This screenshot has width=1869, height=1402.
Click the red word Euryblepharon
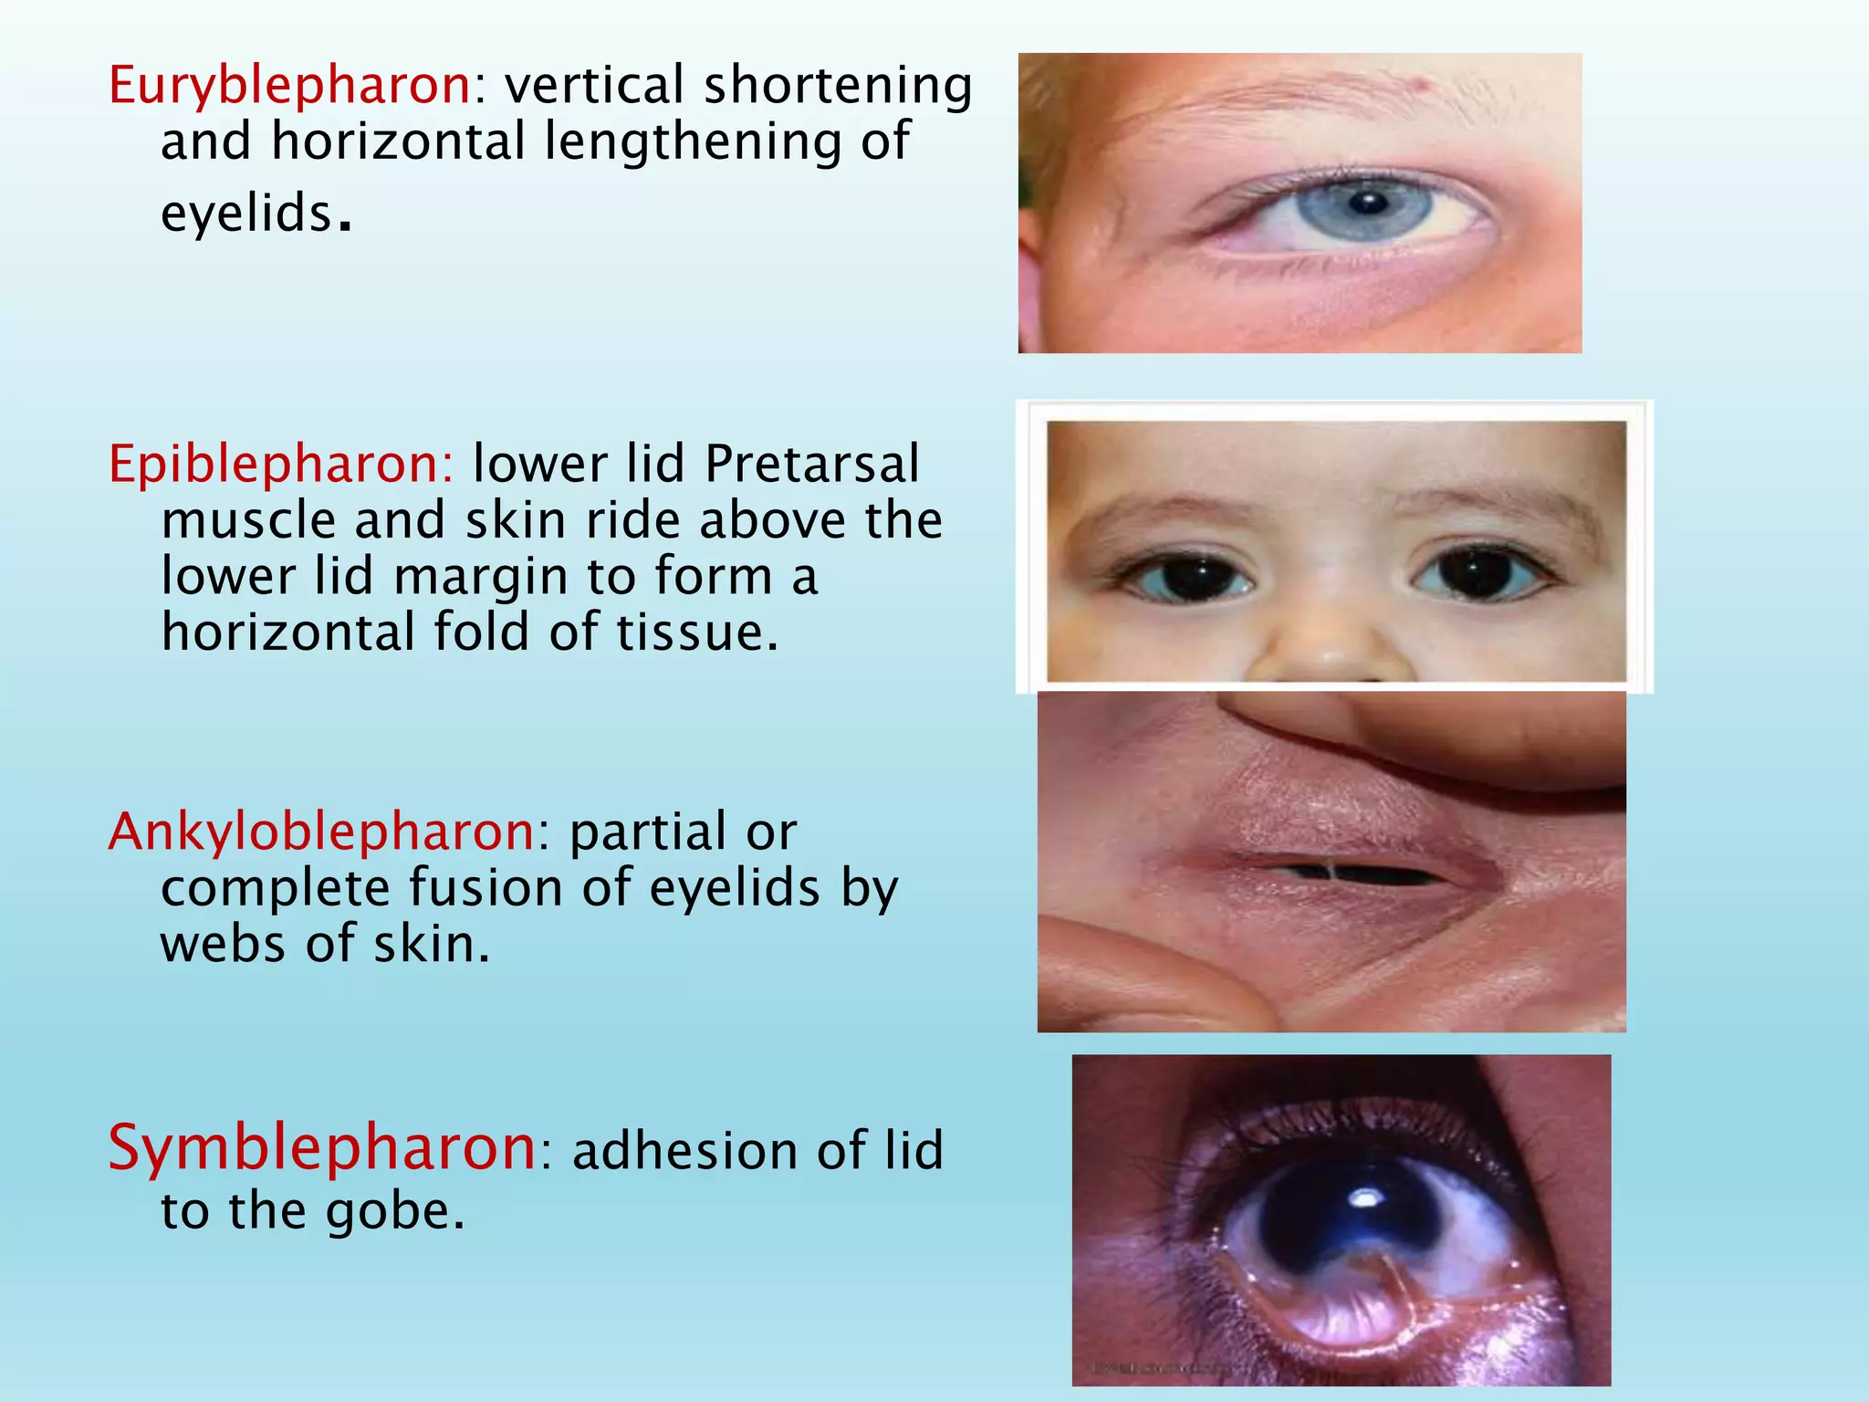tap(289, 86)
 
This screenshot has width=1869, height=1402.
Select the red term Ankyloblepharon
tap(322, 832)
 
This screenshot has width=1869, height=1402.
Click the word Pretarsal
tap(812, 464)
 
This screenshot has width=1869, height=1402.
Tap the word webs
tap(224, 944)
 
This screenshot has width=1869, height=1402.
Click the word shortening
tap(838, 86)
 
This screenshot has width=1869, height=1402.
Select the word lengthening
tap(693, 142)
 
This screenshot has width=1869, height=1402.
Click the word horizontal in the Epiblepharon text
tap(287, 633)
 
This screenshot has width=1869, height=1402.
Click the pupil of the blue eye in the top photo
tap(1367, 202)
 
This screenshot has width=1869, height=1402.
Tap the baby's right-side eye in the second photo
tap(1479, 572)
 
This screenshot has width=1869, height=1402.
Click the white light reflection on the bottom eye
tap(1366, 1197)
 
